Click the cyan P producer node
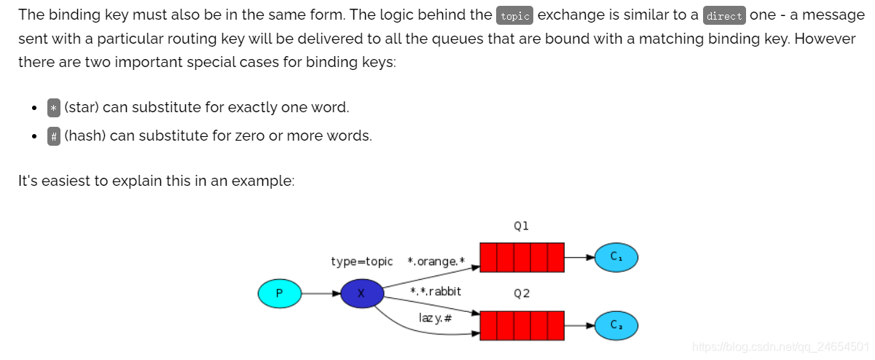pyautogui.click(x=280, y=294)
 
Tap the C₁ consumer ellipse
pyautogui.click(x=616, y=257)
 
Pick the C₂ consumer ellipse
pyautogui.click(x=616, y=325)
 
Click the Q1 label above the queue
pyautogui.click(x=521, y=226)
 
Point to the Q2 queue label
pyautogui.click(x=521, y=293)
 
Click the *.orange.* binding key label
pyautogui.click(x=436, y=261)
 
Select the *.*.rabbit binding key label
pyautogui.click(x=436, y=291)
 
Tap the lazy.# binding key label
pyautogui.click(x=435, y=318)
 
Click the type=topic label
pyautogui.click(x=361, y=261)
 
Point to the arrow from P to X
pyautogui.click(x=321, y=294)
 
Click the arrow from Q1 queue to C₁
pyautogui.click(x=580, y=257)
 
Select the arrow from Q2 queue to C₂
pyautogui.click(x=580, y=325)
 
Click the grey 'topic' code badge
pyautogui.click(x=514, y=16)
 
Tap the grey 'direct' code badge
pyautogui.click(x=723, y=16)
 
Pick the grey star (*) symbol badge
pyautogui.click(x=54, y=108)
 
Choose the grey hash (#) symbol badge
pyautogui.click(x=54, y=136)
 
